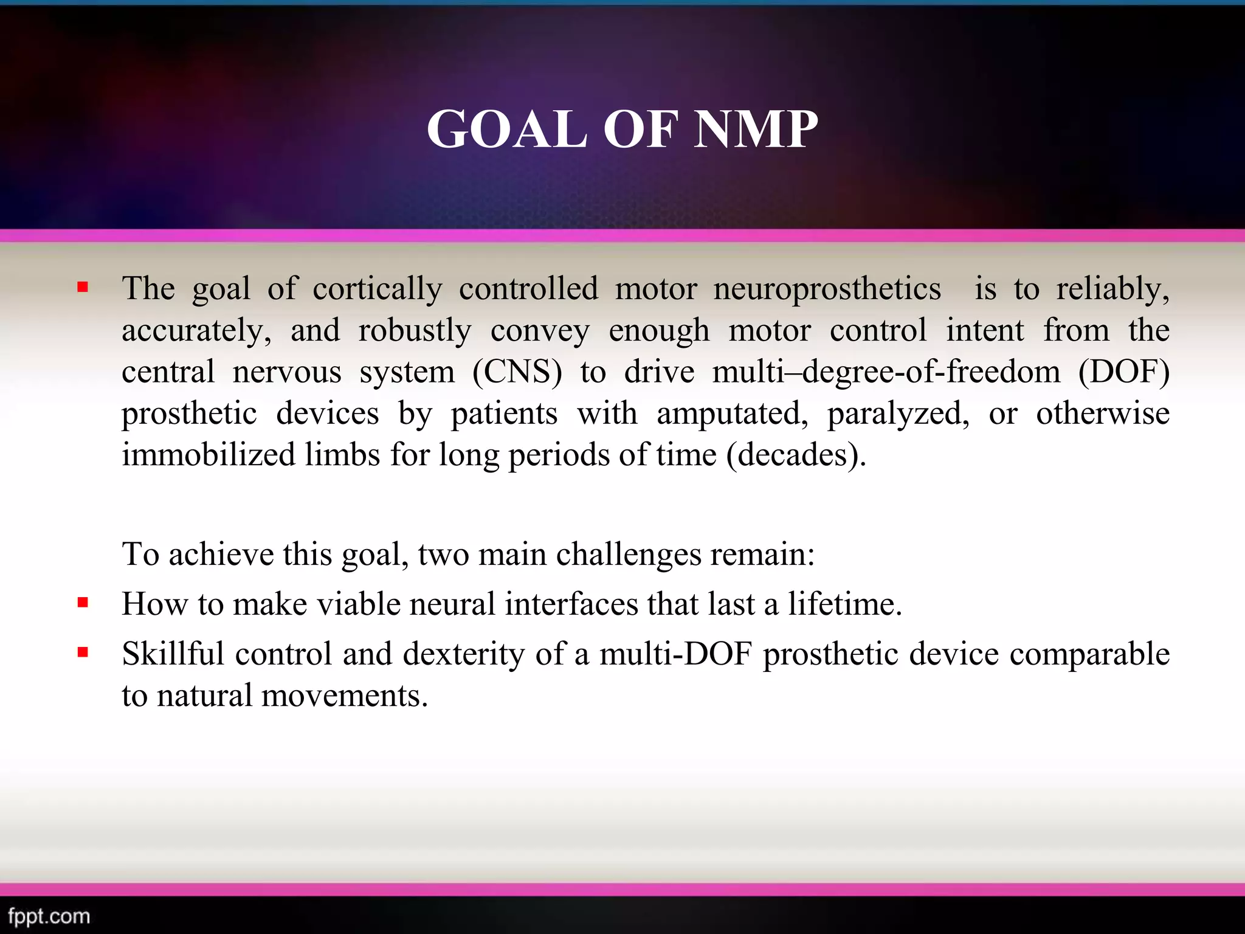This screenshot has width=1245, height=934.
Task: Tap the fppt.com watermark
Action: (49, 916)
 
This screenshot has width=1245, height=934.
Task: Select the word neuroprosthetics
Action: (827, 288)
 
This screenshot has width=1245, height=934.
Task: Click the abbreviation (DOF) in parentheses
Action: (1123, 372)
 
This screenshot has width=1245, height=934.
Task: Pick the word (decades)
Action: (796, 455)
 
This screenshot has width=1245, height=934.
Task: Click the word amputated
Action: (732, 413)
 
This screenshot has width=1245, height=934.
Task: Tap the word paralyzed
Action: (898, 413)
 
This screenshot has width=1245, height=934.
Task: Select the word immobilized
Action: (209, 455)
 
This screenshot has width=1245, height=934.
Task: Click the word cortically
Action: (378, 288)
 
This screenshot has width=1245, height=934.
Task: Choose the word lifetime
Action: (845, 604)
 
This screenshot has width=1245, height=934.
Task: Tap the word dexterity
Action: (463, 654)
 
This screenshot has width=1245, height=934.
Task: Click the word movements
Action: (345, 695)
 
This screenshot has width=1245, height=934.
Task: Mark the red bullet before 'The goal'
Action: (83, 287)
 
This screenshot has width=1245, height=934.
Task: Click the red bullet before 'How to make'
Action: (83, 603)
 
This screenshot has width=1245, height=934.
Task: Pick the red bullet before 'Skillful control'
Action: (83, 652)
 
